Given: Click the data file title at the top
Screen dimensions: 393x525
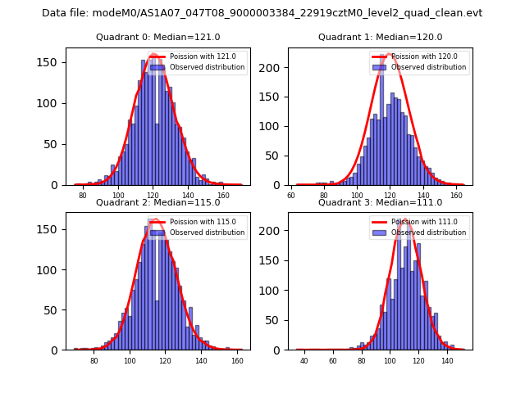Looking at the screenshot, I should click(x=262, y=13).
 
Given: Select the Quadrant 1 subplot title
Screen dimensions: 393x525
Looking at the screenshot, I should click(x=380, y=38).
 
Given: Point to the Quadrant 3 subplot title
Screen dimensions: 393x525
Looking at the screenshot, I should click(x=380, y=202).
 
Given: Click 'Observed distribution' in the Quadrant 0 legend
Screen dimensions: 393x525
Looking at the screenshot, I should click(x=207, y=67).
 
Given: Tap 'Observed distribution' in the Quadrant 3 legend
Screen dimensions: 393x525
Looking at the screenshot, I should click(x=429, y=233).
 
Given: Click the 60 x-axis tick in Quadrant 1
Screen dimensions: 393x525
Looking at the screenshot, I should click(x=291, y=196).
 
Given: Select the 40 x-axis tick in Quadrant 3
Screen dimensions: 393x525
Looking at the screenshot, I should click(x=304, y=361).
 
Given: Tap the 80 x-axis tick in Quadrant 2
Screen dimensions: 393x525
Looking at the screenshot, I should click(x=94, y=361).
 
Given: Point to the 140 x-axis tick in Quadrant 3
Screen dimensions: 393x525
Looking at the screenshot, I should click(x=447, y=361).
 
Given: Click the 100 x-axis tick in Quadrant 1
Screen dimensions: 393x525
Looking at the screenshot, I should click(x=357, y=196).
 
